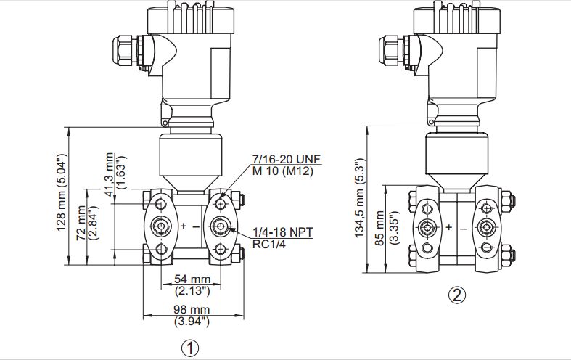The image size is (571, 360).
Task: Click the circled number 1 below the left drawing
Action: (190, 348)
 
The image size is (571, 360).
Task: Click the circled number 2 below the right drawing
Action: (457, 295)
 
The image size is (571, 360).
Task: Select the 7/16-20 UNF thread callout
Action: (287, 159)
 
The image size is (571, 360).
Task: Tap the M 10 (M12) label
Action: (283, 171)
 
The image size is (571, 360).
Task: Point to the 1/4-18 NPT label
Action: (283, 232)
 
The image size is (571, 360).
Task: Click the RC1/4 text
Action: (269, 244)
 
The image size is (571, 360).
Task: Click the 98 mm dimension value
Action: (192, 310)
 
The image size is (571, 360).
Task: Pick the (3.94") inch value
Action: (192, 322)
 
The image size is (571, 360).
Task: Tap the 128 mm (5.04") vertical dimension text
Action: (61, 192)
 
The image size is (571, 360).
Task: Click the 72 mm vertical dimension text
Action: (81, 223)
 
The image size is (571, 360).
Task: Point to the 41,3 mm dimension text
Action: (110, 174)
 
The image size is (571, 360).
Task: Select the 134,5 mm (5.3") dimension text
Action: (360, 198)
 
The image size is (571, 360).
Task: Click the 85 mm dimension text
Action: (379, 228)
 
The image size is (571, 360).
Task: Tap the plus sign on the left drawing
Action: (184, 226)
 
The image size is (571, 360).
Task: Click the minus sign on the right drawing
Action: (463, 229)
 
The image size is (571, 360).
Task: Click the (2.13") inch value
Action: (192, 291)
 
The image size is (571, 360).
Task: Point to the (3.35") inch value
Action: (394, 227)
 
